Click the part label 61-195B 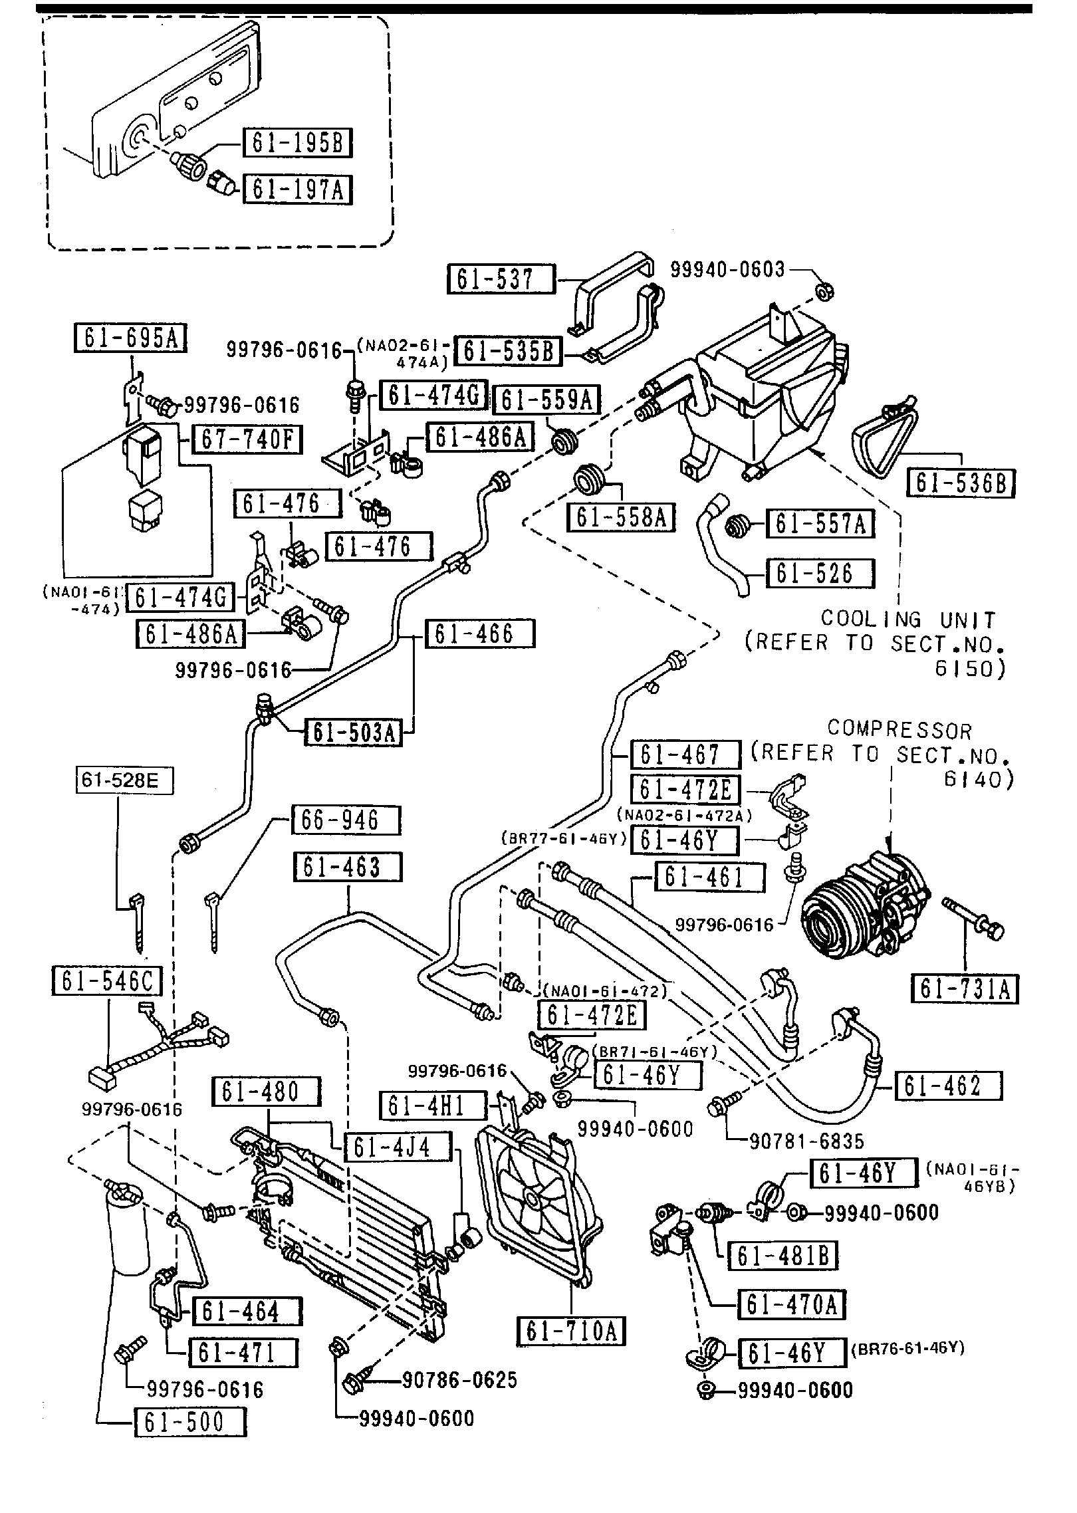[x=297, y=142]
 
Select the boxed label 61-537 [x=501, y=279]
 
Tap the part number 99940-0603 [x=727, y=269]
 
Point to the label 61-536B [x=961, y=483]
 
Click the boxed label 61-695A [x=130, y=338]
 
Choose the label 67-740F [x=247, y=439]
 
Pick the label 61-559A [x=546, y=400]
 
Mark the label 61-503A [x=353, y=733]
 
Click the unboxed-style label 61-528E [x=124, y=780]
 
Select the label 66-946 [x=346, y=820]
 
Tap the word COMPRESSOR [x=899, y=730]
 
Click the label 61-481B [x=782, y=1255]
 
